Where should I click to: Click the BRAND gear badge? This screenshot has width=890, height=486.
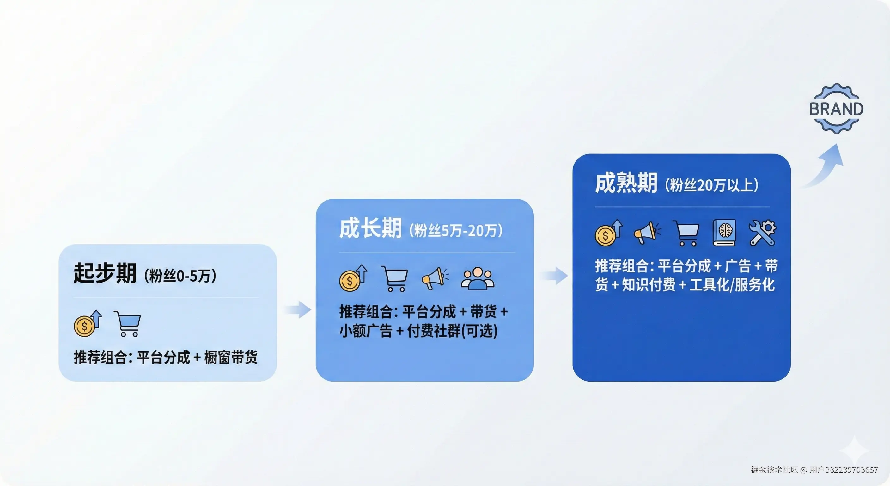click(837, 108)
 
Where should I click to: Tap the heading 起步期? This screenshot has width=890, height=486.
click(105, 273)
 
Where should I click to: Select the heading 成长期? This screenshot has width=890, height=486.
click(371, 228)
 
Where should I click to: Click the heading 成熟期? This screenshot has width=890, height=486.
click(626, 183)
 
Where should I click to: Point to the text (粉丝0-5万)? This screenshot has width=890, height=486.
click(180, 276)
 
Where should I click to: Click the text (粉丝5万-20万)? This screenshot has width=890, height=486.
click(456, 230)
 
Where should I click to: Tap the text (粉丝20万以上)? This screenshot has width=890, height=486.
click(712, 185)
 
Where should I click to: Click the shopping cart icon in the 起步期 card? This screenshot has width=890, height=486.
click(127, 324)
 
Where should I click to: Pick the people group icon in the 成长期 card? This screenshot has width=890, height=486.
click(478, 278)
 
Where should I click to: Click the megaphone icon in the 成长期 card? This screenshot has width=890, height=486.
click(435, 278)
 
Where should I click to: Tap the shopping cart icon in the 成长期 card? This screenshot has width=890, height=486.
click(394, 278)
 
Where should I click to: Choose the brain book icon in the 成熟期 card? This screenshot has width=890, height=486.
click(724, 233)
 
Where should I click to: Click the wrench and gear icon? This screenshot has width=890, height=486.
click(763, 233)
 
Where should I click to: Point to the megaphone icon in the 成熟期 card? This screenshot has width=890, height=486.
click(648, 233)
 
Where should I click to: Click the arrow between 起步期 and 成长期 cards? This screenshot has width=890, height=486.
click(298, 309)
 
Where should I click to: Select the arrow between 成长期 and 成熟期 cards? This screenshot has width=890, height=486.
click(555, 276)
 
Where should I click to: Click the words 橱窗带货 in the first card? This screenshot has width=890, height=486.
click(231, 357)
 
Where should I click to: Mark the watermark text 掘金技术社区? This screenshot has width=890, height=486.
click(774, 470)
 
